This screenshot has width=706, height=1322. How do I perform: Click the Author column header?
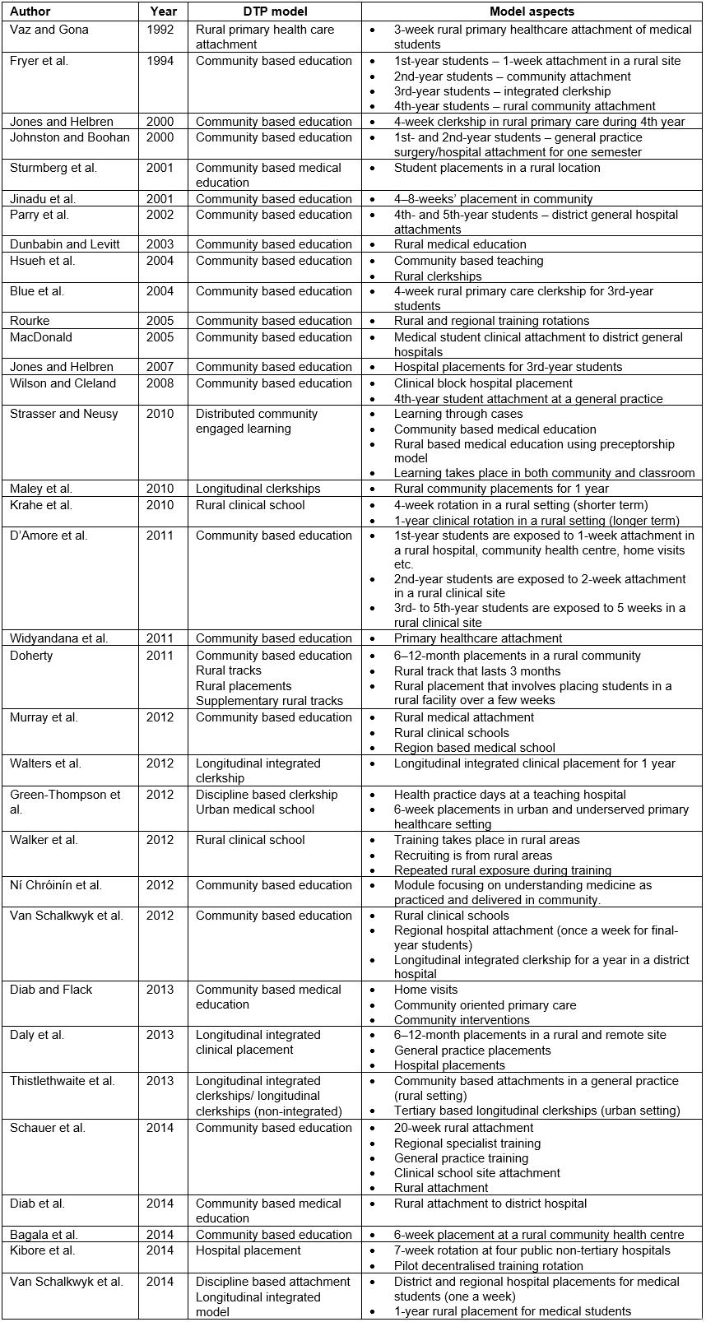coord(30,12)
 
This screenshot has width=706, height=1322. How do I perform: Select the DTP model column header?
coord(274,12)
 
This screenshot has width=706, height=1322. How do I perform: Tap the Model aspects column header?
coord(532,12)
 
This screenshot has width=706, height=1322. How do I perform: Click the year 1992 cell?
coord(160,30)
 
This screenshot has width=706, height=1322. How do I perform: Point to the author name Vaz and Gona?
coord(49,30)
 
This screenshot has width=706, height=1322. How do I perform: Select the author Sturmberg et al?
coord(53,168)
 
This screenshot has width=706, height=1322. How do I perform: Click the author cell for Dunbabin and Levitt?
coord(65,244)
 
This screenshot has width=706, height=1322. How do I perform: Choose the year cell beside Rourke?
coord(160,321)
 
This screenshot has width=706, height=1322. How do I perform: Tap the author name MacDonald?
coord(41,337)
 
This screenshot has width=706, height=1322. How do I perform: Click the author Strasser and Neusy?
coord(64,414)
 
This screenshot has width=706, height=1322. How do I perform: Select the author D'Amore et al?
coord(49,536)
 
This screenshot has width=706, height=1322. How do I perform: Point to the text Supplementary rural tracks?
coord(269,701)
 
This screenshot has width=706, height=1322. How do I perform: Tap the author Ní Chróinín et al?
coord(56,885)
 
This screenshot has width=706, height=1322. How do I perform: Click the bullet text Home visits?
coord(425,990)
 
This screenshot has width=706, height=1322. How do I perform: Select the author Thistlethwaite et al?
coord(63,1081)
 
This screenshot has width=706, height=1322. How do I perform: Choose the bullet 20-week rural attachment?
coord(463,1128)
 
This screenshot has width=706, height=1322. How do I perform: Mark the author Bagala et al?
coord(44,1235)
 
